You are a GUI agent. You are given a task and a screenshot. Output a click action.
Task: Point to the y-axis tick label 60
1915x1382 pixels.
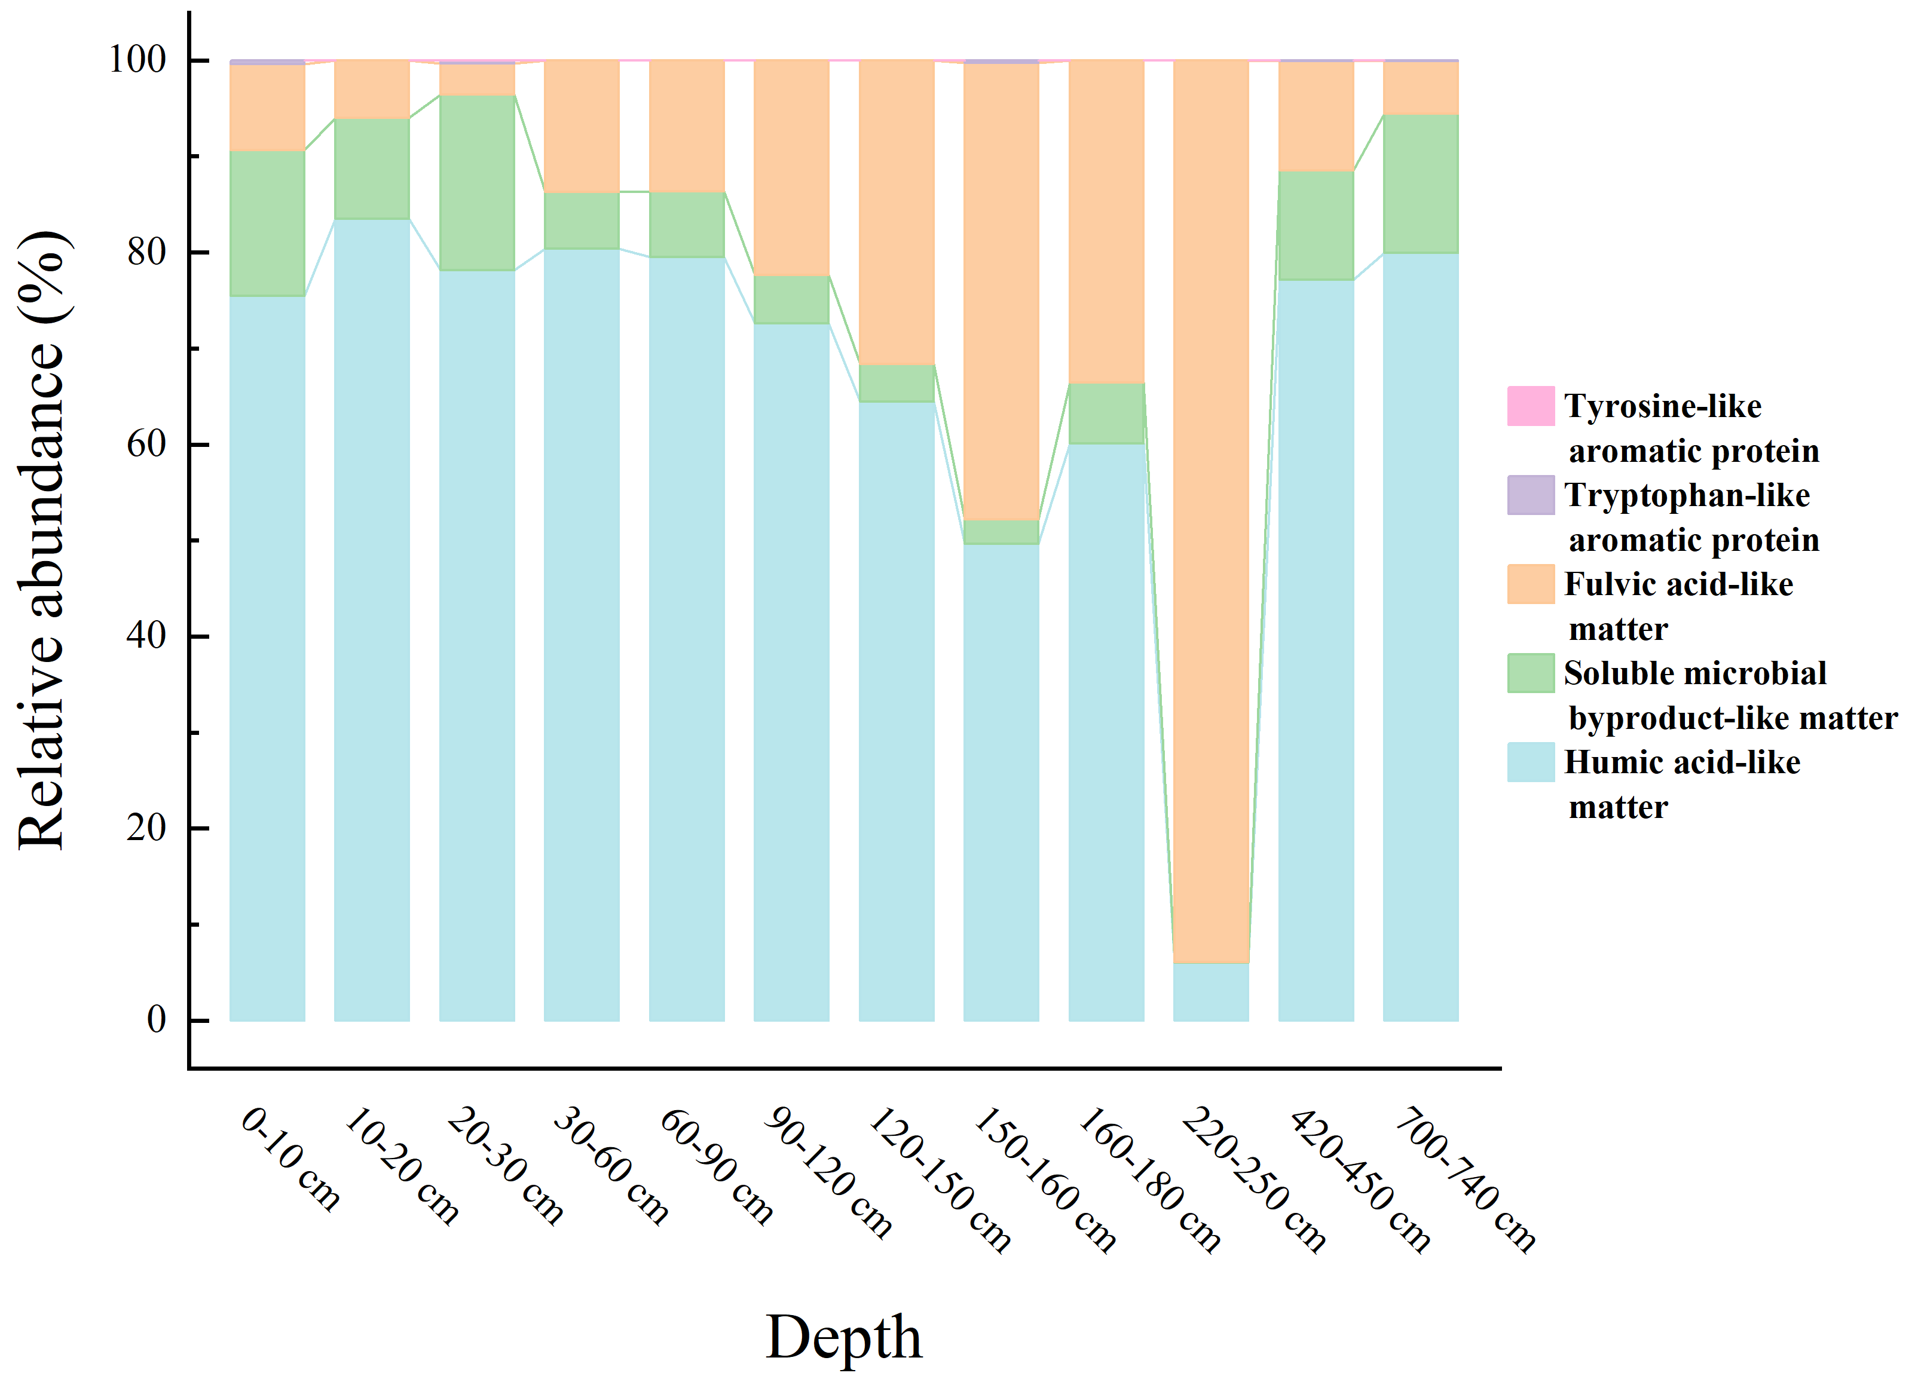(146, 443)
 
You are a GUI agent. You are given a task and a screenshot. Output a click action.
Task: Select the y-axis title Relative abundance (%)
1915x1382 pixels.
(42, 540)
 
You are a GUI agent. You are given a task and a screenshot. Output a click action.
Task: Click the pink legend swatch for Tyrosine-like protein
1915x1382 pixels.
(1530, 406)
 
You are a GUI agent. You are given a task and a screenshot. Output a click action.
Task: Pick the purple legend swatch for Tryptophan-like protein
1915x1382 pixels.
(1530, 495)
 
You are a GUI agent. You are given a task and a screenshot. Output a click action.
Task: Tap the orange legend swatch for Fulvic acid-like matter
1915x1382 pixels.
(1530, 584)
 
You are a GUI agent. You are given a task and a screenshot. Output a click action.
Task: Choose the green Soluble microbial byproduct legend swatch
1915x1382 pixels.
(1530, 673)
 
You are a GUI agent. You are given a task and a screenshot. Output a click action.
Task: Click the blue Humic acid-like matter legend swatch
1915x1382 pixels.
(1530, 762)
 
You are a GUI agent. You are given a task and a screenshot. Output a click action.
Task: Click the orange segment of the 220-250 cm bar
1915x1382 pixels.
(1211, 507)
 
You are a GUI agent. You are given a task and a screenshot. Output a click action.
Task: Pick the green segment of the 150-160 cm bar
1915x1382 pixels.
(1001, 532)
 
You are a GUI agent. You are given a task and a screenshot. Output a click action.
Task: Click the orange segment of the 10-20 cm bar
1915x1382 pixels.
(372, 90)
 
